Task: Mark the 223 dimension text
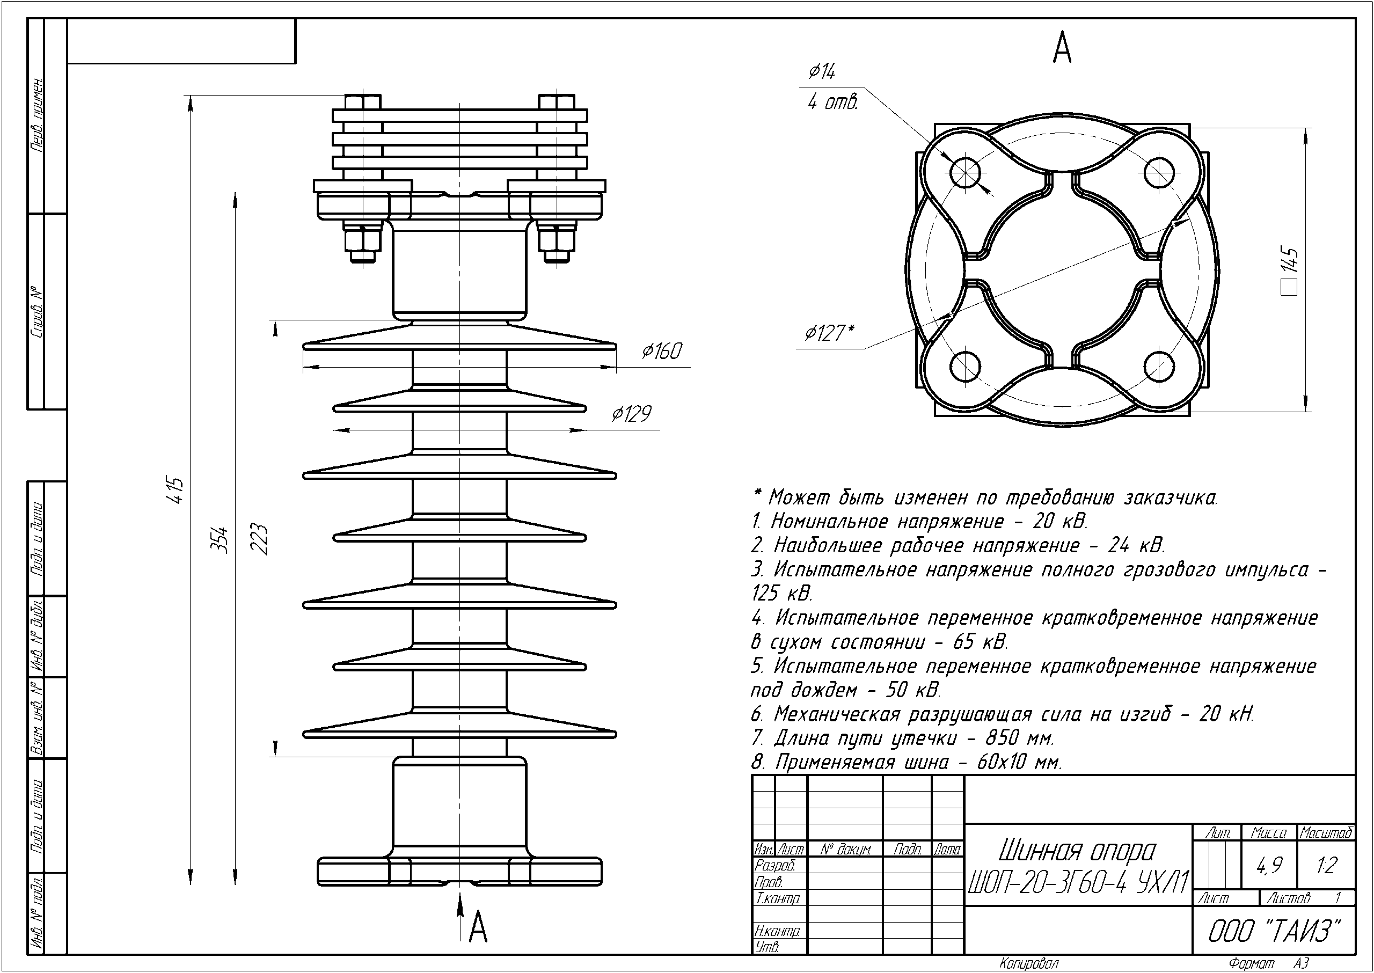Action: pyautogui.click(x=259, y=539)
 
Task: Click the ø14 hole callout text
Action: pyautogui.click(x=822, y=72)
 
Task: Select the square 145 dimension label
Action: pyautogui.click(x=1290, y=269)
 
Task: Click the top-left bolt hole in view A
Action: pyautogui.click(x=964, y=173)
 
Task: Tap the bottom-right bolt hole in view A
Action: pyautogui.click(x=1159, y=367)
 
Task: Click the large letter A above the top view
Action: pyautogui.click(x=1062, y=49)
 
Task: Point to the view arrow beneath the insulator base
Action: pyautogui.click(x=459, y=911)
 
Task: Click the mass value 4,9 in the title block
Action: pyautogui.click(x=1269, y=865)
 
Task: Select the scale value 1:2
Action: pyautogui.click(x=1327, y=865)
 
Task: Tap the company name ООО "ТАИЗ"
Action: pyautogui.click(x=1273, y=931)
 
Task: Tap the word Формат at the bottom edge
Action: pyautogui.click(x=1251, y=963)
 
